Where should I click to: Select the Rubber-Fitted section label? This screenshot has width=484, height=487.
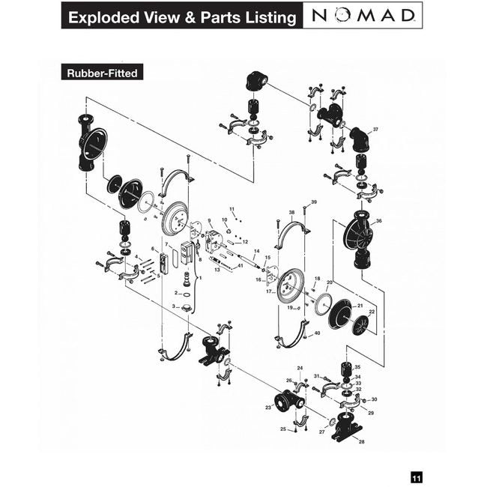click(x=103, y=73)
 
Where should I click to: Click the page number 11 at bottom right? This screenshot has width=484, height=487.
click(x=416, y=477)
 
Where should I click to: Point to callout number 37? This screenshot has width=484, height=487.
click(x=375, y=130)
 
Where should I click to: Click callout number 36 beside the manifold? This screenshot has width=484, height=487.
click(x=379, y=221)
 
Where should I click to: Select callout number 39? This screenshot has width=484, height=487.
click(x=314, y=202)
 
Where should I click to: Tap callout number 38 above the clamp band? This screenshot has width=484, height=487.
click(x=292, y=213)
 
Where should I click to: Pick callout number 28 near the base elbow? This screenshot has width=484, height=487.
click(x=362, y=442)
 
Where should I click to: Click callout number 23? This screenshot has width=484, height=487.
click(x=267, y=408)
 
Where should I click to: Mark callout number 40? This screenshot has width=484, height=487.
click(x=317, y=333)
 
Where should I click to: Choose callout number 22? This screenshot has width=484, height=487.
click(x=372, y=312)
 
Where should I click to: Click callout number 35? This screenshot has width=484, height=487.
click(x=357, y=367)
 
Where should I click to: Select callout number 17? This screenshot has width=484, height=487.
click(x=268, y=291)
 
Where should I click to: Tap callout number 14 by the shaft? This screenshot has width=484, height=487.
click(x=256, y=251)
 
